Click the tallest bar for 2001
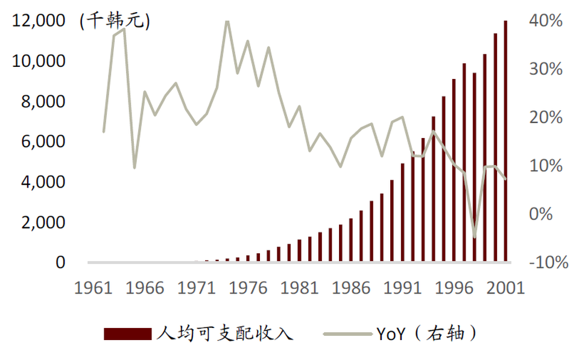505,142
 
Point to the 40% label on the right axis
546,21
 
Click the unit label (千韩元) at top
115,21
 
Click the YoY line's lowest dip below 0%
475,237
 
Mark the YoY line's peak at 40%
227,22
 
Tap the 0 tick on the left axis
60,263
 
